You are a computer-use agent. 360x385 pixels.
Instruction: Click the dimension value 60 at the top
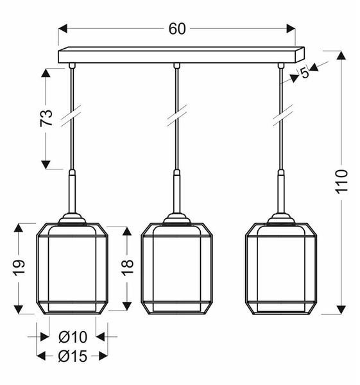pyautogui.click(x=177, y=29)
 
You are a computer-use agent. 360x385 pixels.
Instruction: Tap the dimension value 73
pyautogui.click(x=47, y=118)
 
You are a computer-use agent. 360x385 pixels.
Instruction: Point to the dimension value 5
pyautogui.click(x=304, y=73)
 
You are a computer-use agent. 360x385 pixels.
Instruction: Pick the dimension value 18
pyautogui.click(x=127, y=264)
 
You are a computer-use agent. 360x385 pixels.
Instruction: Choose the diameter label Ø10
pyautogui.click(x=72, y=337)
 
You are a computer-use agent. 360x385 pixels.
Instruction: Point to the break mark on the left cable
pyautogui.click(x=71, y=117)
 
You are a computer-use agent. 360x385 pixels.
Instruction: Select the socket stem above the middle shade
pyautogui.click(x=176, y=193)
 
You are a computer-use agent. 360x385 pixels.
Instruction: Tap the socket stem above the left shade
pyautogui.click(x=72, y=193)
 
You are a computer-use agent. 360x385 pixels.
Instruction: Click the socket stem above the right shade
pyautogui.click(x=281, y=193)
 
